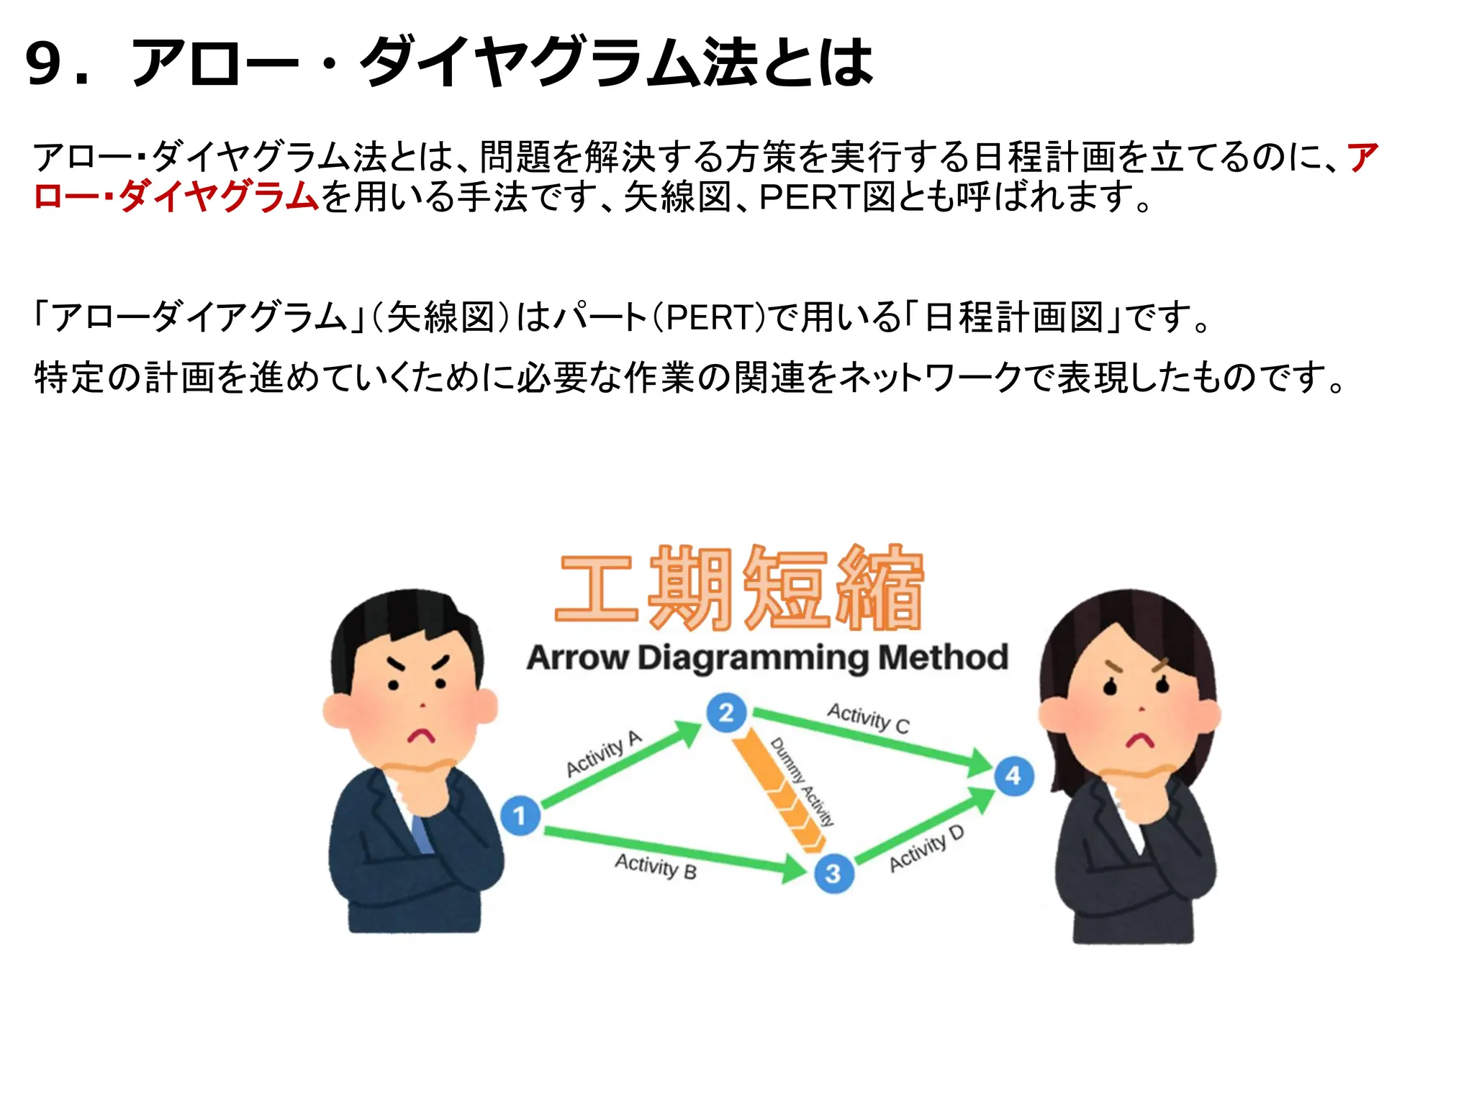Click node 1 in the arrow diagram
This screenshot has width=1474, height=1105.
tap(520, 816)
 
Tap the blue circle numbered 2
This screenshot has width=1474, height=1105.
tap(726, 713)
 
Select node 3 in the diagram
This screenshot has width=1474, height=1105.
tap(833, 873)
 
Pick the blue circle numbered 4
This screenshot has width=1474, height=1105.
tap(1013, 776)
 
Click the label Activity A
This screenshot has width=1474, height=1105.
tap(603, 754)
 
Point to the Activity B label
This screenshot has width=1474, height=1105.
tap(655, 866)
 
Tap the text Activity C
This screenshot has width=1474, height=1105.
tap(868, 718)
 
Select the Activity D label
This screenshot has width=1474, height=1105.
tap(926, 850)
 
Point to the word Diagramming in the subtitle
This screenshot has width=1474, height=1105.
tap(754, 658)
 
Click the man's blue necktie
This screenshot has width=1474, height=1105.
tap(422, 835)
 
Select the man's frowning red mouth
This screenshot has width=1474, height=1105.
tap(422, 735)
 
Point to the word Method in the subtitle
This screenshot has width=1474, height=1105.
tap(943, 658)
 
